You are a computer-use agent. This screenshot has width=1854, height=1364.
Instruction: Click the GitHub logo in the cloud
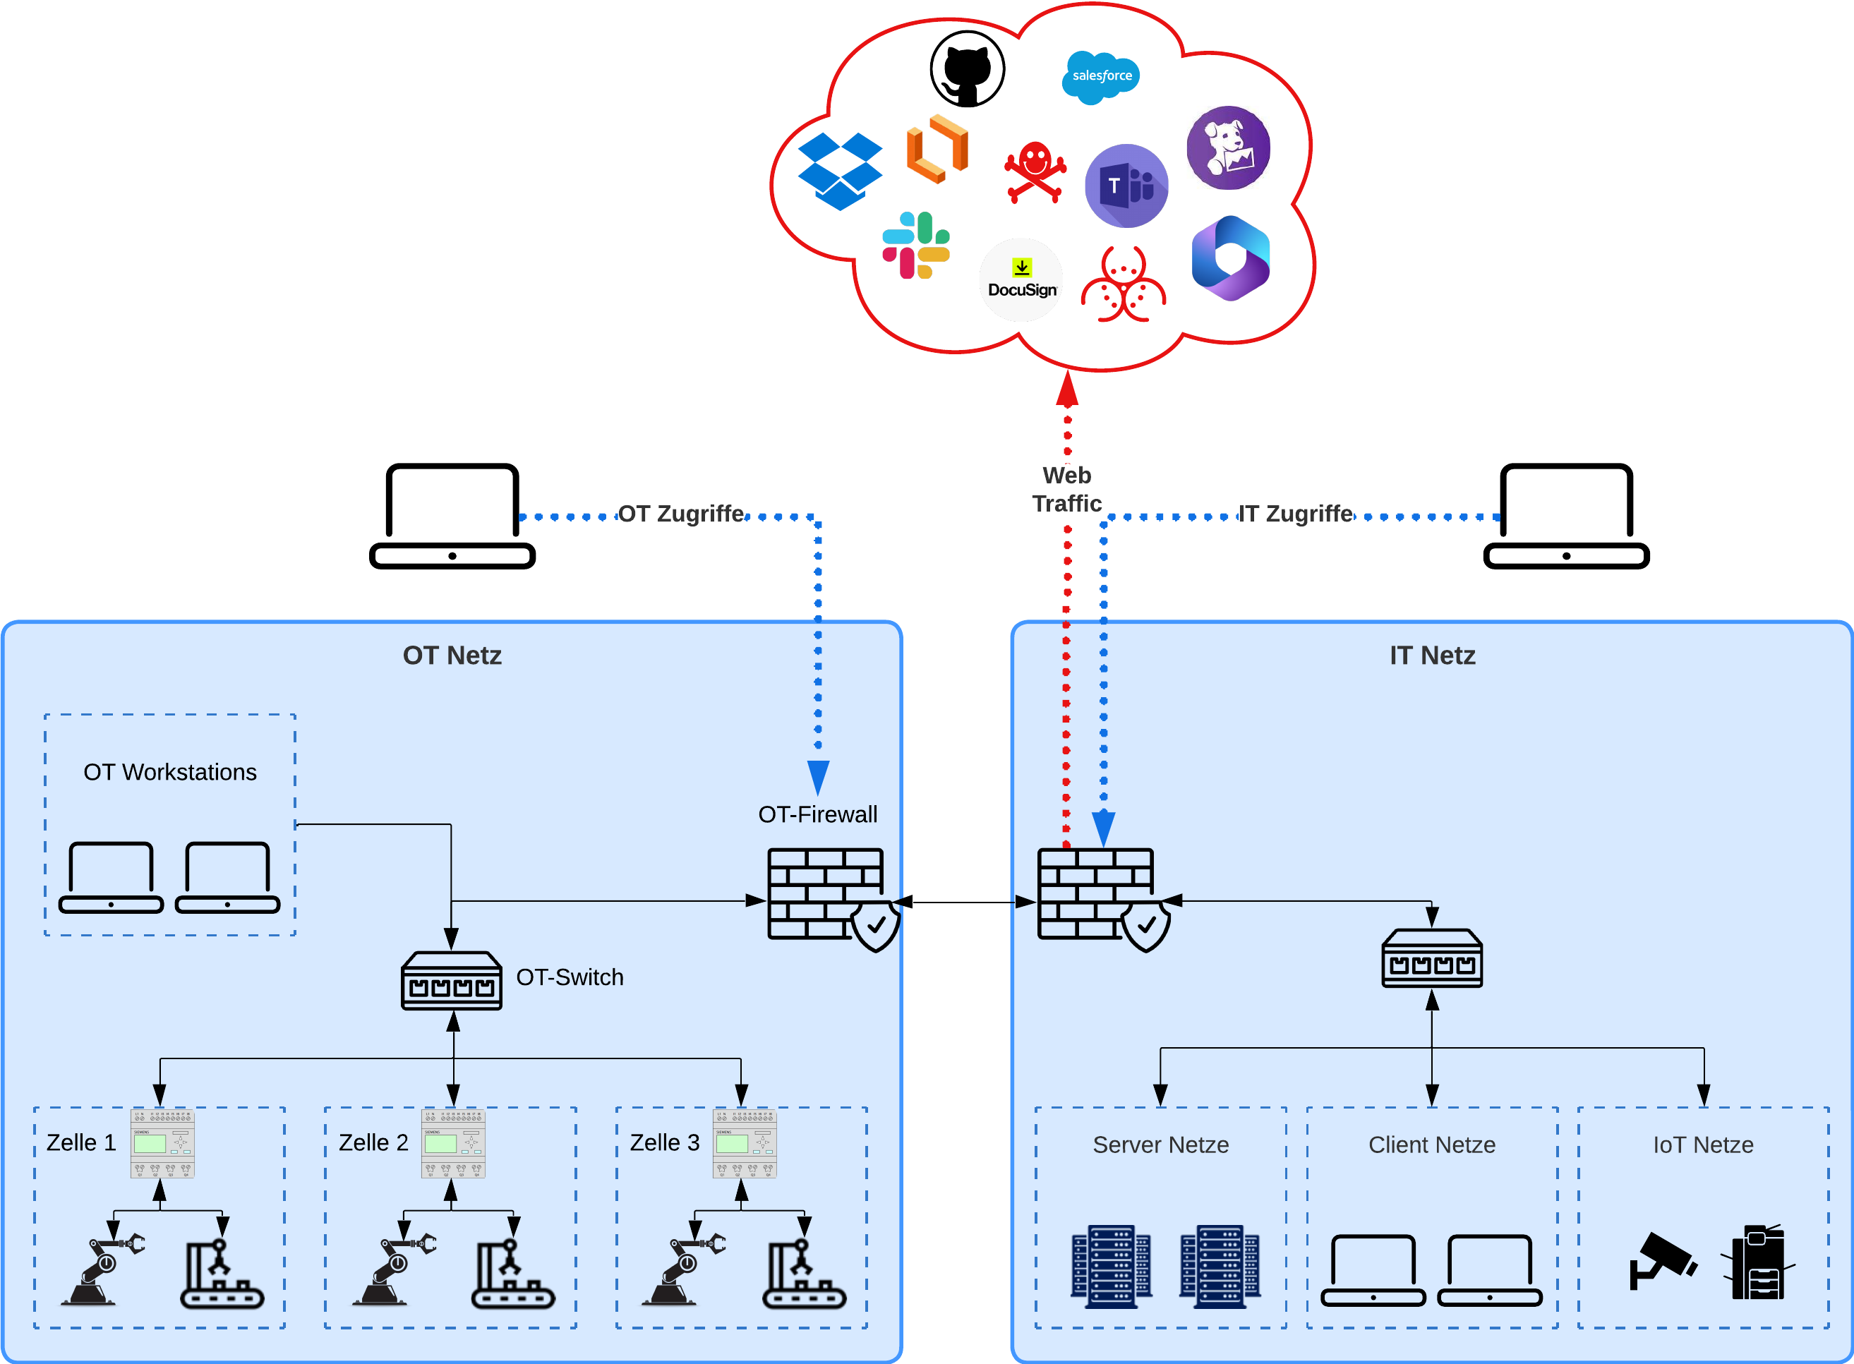point(967,69)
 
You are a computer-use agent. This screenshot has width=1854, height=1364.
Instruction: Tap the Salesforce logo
point(1101,76)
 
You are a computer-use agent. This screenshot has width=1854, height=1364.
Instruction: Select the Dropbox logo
point(840,170)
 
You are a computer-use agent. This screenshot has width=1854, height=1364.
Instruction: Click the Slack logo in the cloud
point(916,246)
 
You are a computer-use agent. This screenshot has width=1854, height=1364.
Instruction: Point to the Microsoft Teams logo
point(1126,186)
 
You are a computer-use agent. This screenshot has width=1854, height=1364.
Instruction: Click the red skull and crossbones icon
point(1035,171)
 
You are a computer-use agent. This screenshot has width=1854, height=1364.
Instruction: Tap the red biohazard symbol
point(1123,285)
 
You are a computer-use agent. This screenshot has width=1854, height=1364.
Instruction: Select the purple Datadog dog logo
point(1228,147)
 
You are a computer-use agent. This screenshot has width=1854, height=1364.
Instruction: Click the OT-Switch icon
point(452,981)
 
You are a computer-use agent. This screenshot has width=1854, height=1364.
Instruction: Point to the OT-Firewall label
point(817,815)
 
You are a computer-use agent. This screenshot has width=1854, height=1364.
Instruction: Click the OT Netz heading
point(452,656)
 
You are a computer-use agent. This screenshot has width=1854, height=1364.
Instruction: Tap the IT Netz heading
point(1432,656)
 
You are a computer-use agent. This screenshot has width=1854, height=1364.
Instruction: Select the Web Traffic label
point(1067,489)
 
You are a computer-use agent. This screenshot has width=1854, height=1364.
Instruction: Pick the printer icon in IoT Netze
point(1757,1263)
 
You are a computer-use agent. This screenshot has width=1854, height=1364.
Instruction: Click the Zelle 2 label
point(373,1142)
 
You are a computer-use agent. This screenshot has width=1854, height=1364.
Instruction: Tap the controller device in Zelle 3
point(744,1144)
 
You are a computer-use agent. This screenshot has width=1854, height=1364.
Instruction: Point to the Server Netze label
point(1160,1145)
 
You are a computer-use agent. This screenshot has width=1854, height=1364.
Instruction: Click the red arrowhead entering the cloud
point(1067,390)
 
